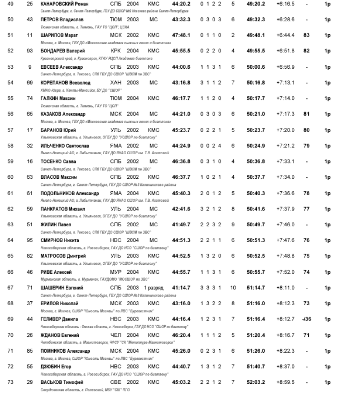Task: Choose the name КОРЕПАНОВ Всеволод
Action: click(64, 82)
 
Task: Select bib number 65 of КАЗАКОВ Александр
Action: click(30, 114)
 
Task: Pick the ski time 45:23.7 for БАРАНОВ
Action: click(182, 130)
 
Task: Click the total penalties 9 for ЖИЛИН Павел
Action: click(233, 225)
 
